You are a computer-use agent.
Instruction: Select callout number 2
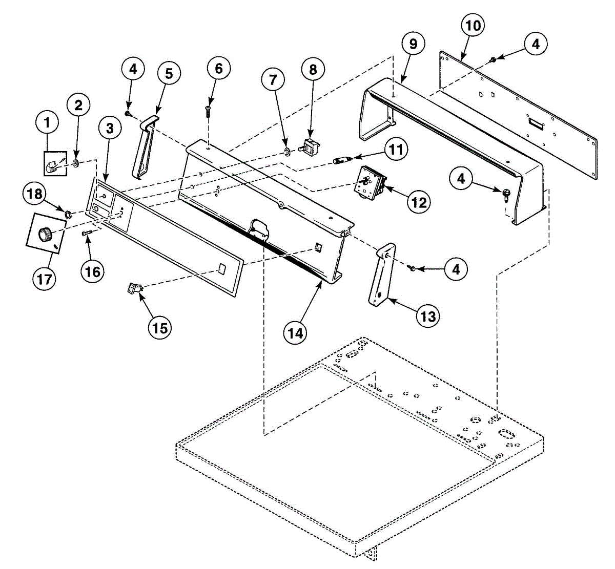point(78,105)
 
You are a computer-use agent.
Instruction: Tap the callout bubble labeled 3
point(110,129)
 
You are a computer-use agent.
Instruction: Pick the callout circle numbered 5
point(169,73)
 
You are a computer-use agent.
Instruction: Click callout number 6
point(219,69)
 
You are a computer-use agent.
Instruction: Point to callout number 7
point(273,79)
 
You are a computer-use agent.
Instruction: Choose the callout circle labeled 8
point(313,69)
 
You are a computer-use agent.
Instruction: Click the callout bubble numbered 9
point(413,44)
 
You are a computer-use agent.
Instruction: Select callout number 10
point(473,25)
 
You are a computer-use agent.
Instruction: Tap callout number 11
point(395,150)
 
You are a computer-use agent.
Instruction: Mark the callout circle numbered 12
point(419,202)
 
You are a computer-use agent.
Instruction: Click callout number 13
point(428,316)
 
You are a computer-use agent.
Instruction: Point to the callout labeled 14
point(295,332)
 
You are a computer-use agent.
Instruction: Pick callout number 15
point(160,327)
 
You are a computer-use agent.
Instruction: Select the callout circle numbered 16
point(93,271)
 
